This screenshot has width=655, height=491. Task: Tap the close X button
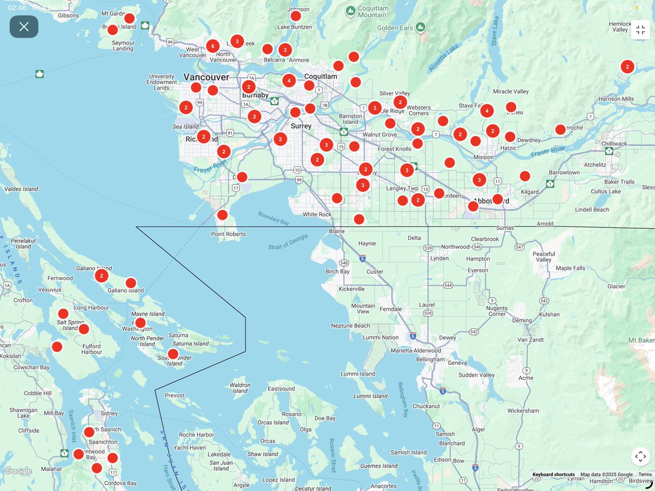click(x=24, y=27)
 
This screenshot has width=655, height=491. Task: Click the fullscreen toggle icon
click(x=640, y=29)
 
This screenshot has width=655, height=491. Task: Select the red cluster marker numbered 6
click(x=213, y=46)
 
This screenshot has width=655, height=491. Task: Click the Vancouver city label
click(x=206, y=77)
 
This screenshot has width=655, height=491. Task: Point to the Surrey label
click(x=301, y=126)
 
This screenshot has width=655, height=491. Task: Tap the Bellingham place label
click(x=430, y=359)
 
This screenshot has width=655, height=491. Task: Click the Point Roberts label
click(x=229, y=234)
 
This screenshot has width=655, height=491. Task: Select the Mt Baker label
click(x=641, y=340)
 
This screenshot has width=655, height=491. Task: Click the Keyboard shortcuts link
click(x=553, y=475)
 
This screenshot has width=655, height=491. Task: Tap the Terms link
click(x=645, y=475)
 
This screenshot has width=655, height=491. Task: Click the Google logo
click(x=18, y=471)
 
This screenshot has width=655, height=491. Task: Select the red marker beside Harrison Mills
click(x=627, y=67)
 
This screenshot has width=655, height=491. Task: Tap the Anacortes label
click(x=383, y=486)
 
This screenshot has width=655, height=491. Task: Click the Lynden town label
click(x=439, y=258)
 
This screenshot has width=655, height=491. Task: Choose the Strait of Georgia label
click(x=288, y=242)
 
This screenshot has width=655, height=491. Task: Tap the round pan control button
click(x=640, y=457)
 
